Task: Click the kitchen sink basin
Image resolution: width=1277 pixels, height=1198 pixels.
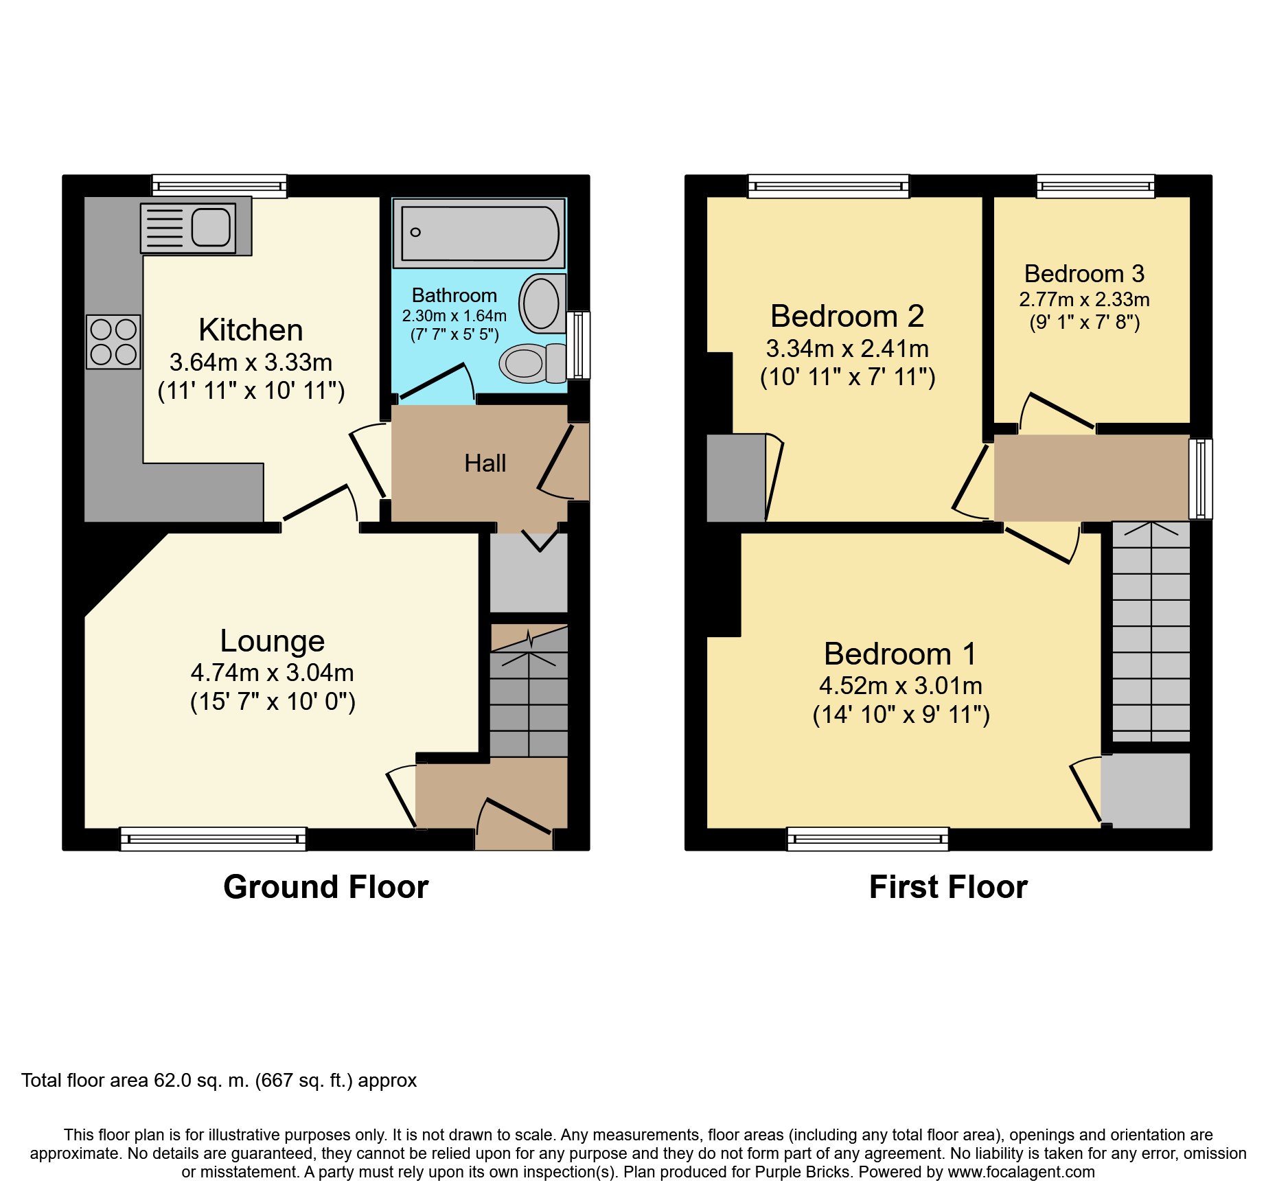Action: [210, 227]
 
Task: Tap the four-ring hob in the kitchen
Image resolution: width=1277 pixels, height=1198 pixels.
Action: [113, 342]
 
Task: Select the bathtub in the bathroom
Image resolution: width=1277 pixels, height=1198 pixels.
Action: [479, 234]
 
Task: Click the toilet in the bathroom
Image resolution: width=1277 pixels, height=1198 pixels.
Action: [531, 362]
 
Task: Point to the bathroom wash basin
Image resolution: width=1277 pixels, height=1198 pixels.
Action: [541, 303]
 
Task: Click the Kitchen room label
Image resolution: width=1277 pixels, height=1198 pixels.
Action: [251, 330]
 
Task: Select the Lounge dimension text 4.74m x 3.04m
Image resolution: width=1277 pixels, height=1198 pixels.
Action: [272, 673]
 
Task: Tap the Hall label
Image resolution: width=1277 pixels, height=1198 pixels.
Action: [485, 463]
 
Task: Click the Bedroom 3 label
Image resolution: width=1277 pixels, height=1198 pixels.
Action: [1084, 274]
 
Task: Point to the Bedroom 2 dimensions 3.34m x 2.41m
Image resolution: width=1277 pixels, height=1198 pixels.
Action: [847, 349]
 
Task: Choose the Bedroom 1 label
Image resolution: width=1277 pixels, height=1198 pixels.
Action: [899, 654]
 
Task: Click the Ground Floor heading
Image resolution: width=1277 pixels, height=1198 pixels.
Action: [325, 887]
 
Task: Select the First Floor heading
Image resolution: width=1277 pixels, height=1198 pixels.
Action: [947, 887]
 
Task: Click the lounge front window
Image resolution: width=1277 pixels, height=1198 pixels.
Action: [213, 839]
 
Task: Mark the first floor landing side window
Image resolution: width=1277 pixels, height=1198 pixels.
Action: [1200, 478]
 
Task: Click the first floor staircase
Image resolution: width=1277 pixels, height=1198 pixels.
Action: [1150, 632]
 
